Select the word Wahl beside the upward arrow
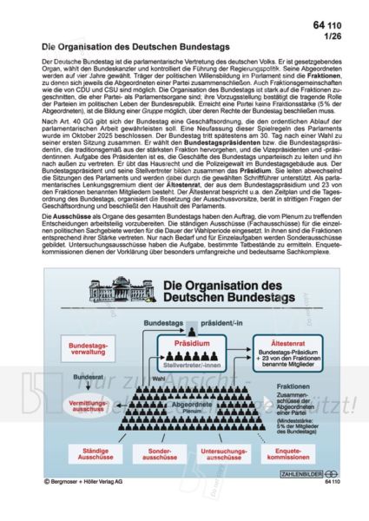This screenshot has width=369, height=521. pos(158,379)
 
